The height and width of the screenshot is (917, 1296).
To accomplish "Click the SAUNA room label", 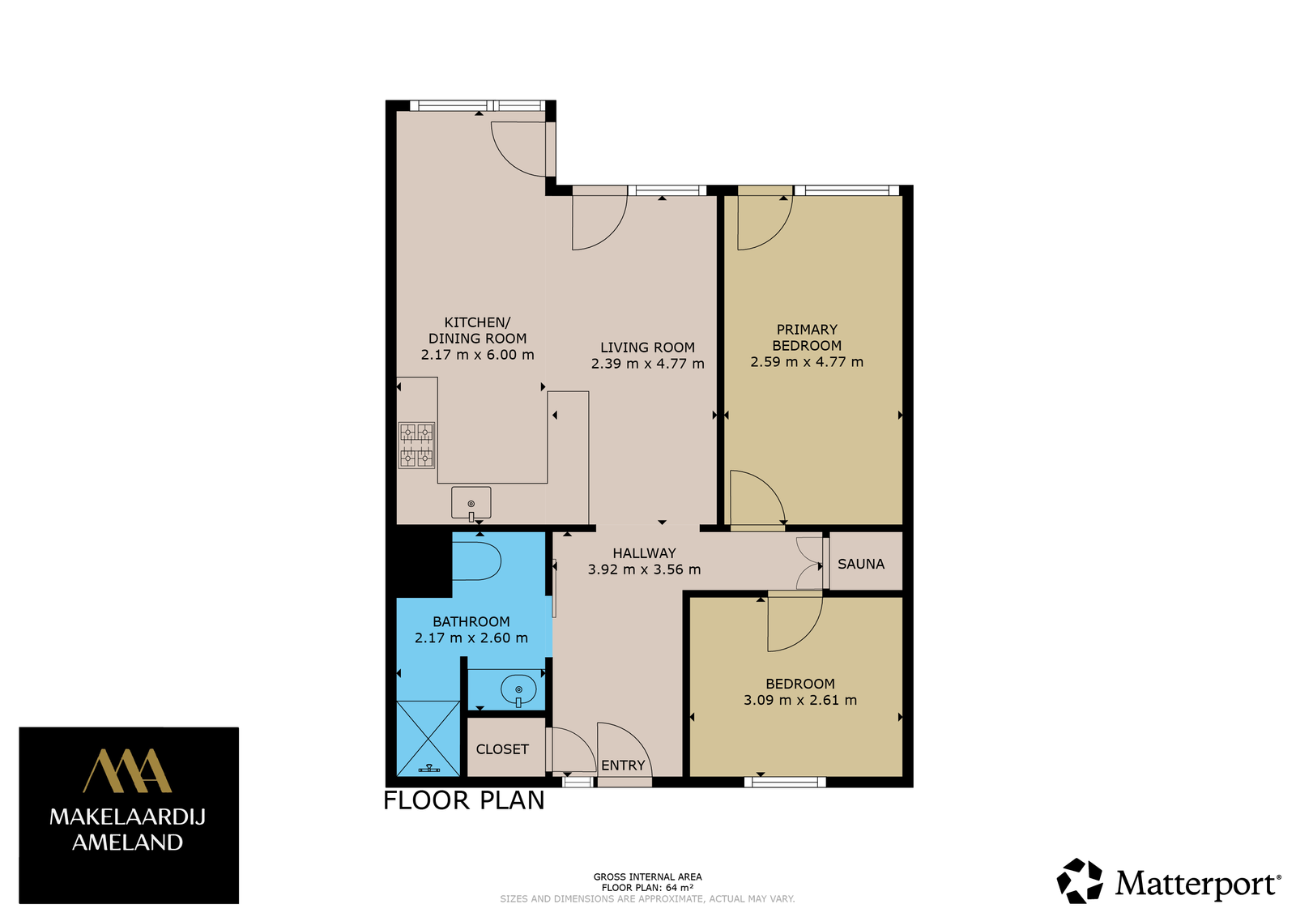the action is point(861,564).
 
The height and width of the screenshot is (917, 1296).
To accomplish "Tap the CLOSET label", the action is point(502,749).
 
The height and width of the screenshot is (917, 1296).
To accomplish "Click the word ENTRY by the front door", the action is point(623,766).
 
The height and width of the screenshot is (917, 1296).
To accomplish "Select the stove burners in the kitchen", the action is point(416,445).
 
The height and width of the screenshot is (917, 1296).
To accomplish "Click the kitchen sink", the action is point(471,503).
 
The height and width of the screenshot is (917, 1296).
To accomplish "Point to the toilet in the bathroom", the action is point(476,561).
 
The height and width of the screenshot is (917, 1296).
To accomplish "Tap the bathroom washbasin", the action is point(518,689).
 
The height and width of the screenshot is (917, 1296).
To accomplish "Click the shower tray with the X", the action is point(428,738).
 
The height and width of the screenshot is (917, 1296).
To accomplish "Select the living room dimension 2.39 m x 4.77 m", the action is point(647,364).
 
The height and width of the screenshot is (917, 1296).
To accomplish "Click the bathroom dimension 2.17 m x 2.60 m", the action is point(471,638).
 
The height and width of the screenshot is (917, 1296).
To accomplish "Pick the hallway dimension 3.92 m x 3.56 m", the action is point(645,569).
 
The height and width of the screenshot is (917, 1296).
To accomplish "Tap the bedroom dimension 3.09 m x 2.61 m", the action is point(800,700).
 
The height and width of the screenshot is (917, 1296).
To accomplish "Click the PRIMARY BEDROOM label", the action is point(807,337).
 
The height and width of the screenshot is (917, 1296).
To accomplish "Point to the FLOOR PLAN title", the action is point(464,800).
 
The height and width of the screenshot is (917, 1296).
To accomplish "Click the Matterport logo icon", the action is point(1080,881).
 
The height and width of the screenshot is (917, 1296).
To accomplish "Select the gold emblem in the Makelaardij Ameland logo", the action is point(127,770).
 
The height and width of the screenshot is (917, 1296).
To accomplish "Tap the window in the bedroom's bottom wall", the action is point(785,783).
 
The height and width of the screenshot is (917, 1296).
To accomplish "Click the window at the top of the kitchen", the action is point(477,105).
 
